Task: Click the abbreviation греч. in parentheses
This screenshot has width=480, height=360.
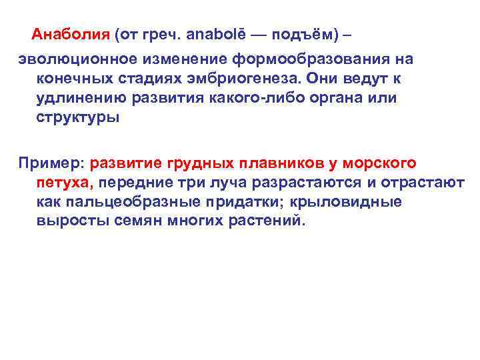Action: (166, 33)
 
